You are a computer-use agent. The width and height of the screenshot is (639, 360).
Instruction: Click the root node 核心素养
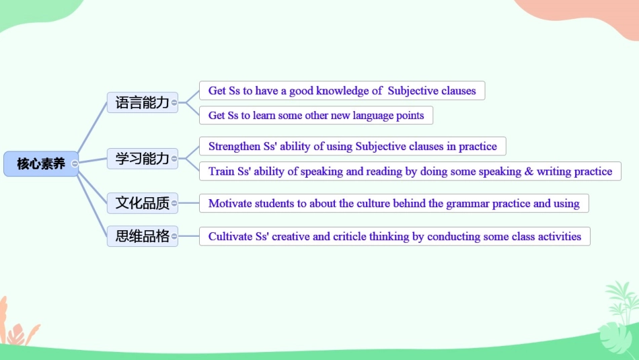40,164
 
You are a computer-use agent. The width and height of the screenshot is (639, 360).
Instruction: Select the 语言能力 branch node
142,102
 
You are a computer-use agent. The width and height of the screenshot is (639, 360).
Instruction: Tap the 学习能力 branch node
142,159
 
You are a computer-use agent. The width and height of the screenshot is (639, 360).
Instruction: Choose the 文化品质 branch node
142,202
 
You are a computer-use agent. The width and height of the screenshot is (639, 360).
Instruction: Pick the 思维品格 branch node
142,236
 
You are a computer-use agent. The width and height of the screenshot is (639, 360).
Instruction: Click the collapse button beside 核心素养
75,164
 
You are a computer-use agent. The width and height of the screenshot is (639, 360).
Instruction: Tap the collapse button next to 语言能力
174,102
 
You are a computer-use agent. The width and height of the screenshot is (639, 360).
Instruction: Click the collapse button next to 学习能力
174,159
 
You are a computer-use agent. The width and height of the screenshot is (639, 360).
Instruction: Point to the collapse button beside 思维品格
174,236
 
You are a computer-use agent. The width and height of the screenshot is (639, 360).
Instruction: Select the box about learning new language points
316,116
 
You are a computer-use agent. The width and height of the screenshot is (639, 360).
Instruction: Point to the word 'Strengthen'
234,147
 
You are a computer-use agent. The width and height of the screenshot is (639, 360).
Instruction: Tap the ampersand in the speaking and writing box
529,172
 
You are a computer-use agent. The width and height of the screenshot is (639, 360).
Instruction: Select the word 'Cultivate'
230,237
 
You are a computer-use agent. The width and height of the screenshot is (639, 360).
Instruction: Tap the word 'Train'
221,172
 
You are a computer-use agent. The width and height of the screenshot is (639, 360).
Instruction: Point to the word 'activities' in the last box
558,237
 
